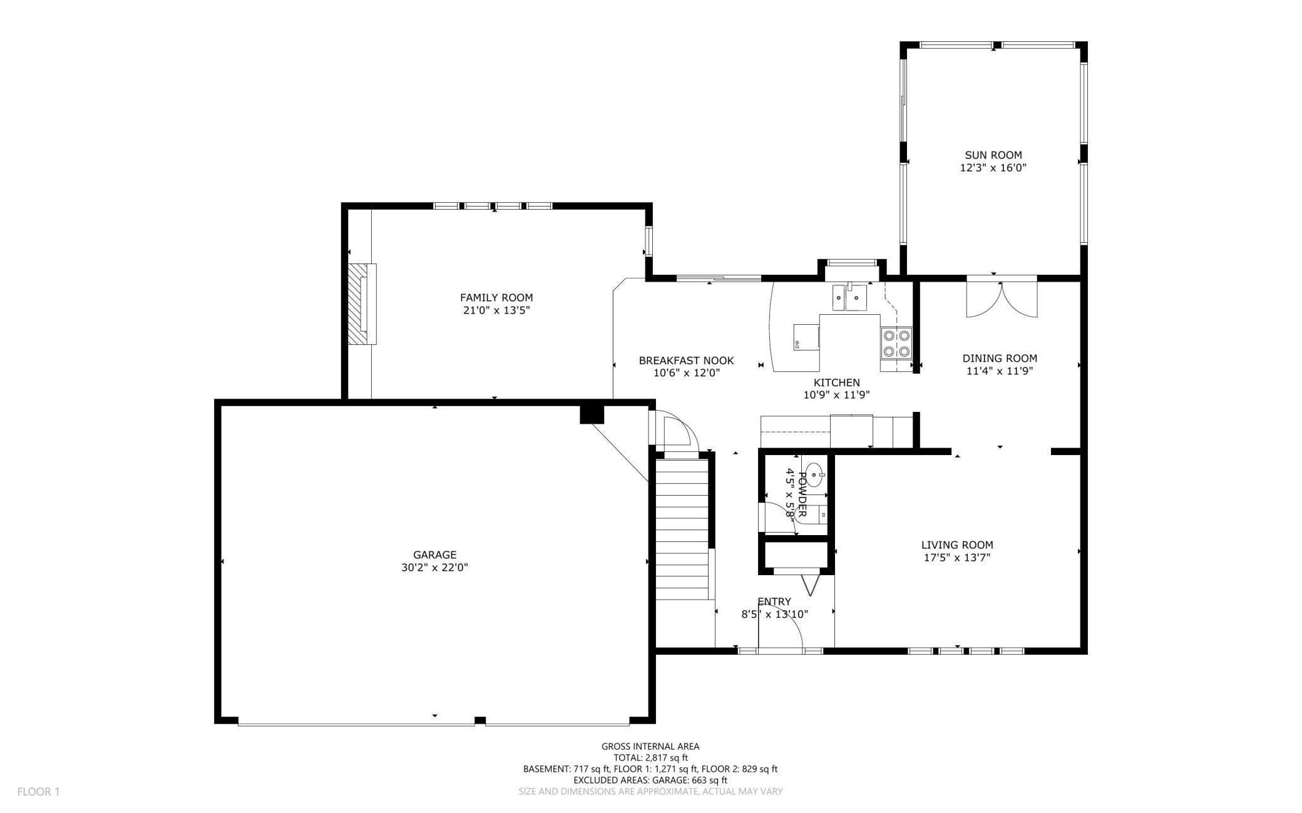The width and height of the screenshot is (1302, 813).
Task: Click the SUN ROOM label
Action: [993, 155]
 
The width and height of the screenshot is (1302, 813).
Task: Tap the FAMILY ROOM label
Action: [496, 298]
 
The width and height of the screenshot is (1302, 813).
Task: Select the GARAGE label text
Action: [434, 555]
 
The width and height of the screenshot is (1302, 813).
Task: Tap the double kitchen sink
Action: [849, 297]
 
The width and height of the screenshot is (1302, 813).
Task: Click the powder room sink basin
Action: [814, 475]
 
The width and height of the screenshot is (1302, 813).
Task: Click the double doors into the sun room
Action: [1002, 299]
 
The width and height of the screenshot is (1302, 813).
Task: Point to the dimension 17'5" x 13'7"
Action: [957, 558]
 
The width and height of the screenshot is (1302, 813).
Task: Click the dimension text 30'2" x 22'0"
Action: [434, 568]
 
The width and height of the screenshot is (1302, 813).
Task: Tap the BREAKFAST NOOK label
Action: [686, 360]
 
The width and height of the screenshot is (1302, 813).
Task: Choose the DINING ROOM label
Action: [1000, 359]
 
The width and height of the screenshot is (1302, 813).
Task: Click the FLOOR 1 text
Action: [38, 792]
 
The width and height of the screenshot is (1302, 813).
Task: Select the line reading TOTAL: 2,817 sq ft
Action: [650, 758]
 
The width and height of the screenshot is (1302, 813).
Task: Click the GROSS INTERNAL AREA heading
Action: [650, 746]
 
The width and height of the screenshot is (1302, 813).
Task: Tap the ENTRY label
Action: [774, 601]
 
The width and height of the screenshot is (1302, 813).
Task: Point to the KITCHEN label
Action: [837, 382]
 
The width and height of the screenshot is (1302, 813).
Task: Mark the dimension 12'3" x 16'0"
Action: [993, 168]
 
